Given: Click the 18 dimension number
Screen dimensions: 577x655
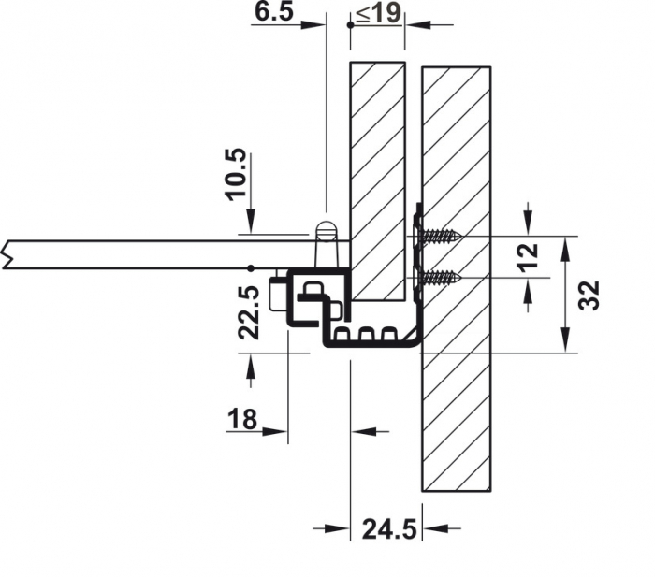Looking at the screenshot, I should point(242,419).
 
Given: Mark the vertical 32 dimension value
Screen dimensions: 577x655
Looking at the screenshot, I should point(589,295).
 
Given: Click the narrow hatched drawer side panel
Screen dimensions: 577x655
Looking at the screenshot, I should point(377,182).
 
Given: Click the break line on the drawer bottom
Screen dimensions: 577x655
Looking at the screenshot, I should point(7,252).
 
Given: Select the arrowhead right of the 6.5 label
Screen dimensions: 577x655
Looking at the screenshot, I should point(315,26).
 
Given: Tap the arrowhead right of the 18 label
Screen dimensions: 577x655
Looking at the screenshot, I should point(278,431).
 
